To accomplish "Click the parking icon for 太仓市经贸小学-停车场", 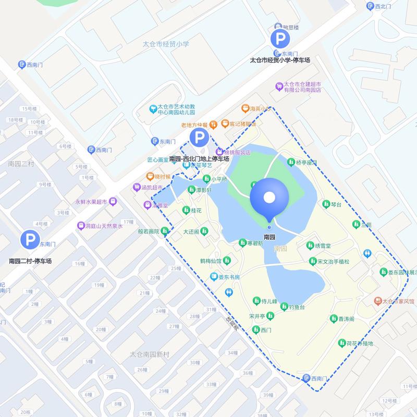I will [280, 38].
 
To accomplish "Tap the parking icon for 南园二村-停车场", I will [30, 240].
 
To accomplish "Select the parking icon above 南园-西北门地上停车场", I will [199, 138].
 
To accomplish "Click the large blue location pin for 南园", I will [269, 198].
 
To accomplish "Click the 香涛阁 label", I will [346, 318].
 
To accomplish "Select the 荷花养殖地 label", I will [360, 343].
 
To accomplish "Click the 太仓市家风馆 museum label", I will [398, 301].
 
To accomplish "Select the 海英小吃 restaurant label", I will [257, 108].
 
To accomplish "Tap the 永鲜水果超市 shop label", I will [91, 201].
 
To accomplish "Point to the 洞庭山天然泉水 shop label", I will [104, 226].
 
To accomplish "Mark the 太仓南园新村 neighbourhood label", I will [150, 354].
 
